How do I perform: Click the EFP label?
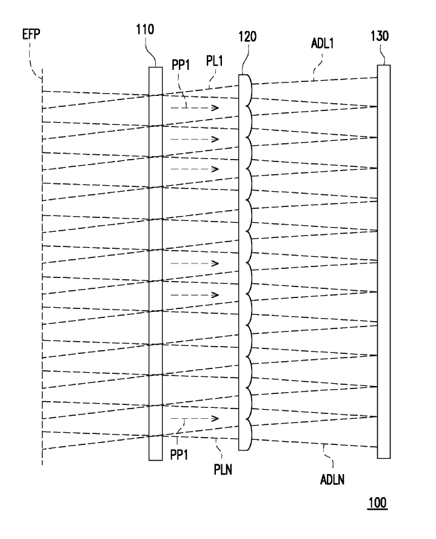(32, 34)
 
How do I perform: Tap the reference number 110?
(145, 30)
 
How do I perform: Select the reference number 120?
(247, 36)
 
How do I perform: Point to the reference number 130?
(380, 36)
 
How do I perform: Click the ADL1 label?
(323, 43)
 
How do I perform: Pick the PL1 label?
(215, 61)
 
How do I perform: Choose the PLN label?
(223, 469)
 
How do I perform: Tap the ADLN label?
(332, 480)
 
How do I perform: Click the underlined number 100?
(378, 503)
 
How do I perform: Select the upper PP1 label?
(181, 65)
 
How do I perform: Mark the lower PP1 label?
(179, 455)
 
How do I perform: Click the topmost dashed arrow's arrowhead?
(215, 108)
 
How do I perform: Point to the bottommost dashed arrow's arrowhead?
(215, 418)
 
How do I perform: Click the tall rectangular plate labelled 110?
(155, 263)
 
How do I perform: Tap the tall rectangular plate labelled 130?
(384, 262)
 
